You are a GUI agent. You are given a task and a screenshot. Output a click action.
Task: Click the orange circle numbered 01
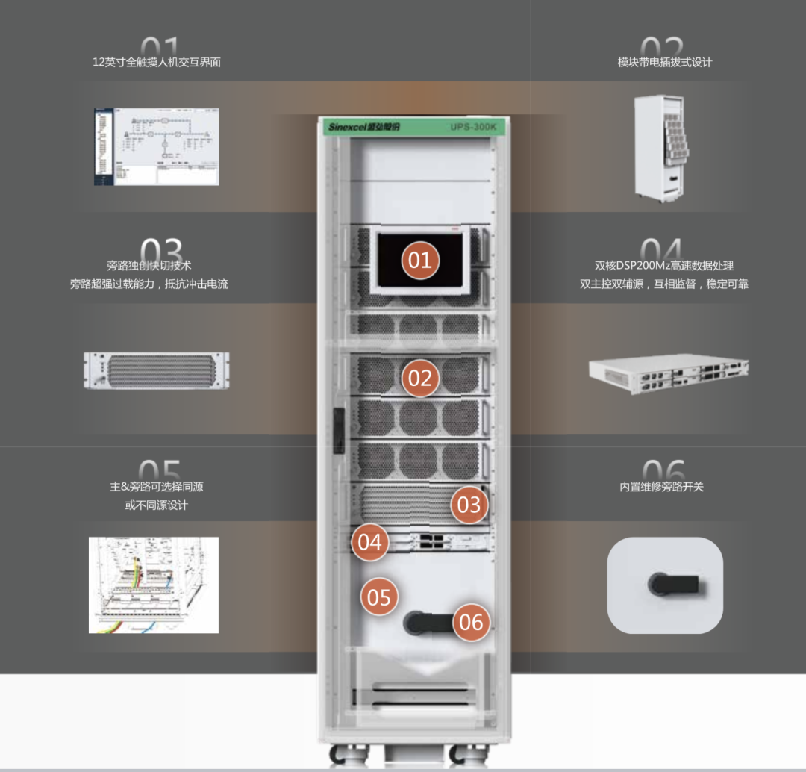(x=420, y=260)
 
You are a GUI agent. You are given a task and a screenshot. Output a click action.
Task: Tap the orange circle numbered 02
(x=420, y=379)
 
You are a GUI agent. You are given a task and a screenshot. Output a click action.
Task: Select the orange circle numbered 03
(x=469, y=505)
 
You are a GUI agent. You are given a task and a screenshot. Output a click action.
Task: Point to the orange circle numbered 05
(x=379, y=597)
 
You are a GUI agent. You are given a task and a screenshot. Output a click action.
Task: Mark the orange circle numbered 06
(x=471, y=622)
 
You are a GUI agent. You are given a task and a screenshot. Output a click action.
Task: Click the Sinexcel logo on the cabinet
(x=364, y=127)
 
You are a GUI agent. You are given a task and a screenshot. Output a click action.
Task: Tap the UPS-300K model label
(x=473, y=127)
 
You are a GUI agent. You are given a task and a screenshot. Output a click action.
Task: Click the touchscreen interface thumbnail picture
(x=157, y=147)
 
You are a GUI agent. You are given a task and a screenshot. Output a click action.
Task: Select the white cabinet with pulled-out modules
(x=660, y=147)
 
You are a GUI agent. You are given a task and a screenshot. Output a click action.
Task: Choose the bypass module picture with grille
(x=157, y=371)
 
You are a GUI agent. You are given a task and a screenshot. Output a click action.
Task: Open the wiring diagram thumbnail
(x=154, y=585)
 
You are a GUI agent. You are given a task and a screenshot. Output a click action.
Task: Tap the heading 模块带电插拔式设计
(x=664, y=62)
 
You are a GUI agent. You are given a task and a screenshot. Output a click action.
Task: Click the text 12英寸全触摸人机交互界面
(x=157, y=62)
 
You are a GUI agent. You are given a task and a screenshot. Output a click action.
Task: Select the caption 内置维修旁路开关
(x=662, y=487)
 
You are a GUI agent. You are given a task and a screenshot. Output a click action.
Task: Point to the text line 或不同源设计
(x=157, y=505)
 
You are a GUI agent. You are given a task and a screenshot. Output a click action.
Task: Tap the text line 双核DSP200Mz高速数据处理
(x=664, y=265)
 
